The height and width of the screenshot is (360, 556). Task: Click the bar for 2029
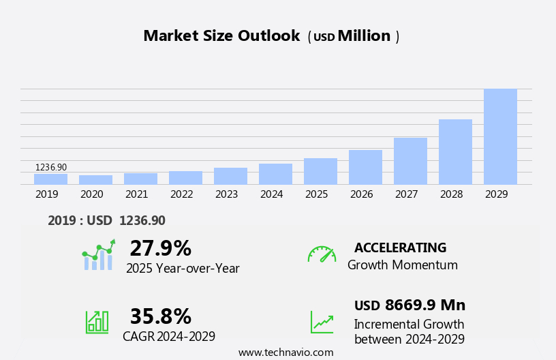pyautogui.click(x=500, y=136)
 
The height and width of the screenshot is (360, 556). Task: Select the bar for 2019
pyautogui.click(x=50, y=179)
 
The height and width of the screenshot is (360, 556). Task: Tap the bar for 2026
pyautogui.click(x=365, y=167)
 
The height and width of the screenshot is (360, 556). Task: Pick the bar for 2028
pyautogui.click(x=455, y=151)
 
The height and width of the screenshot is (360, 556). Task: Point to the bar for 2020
pyautogui.click(x=95, y=179)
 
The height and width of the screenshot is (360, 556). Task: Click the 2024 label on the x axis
pyautogui.click(x=271, y=194)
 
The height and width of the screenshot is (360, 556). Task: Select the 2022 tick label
pyautogui.click(x=181, y=194)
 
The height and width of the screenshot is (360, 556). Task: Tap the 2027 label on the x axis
pyautogui.click(x=406, y=194)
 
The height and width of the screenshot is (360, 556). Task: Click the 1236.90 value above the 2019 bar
pyautogui.click(x=51, y=167)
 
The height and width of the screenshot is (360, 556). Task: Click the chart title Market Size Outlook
pyautogui.click(x=221, y=36)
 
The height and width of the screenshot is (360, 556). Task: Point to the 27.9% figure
pyautogui.click(x=160, y=248)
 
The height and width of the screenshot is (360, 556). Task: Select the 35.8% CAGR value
pyautogui.click(x=160, y=316)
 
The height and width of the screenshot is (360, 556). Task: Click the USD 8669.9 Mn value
pyautogui.click(x=410, y=305)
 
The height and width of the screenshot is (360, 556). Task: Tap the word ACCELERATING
pyautogui.click(x=400, y=247)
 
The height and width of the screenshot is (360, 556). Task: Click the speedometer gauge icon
pyautogui.click(x=322, y=254)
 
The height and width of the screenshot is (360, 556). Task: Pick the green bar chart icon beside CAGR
pyautogui.click(x=97, y=321)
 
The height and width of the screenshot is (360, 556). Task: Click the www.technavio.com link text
pyautogui.click(x=285, y=352)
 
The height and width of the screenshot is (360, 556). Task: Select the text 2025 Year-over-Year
pyautogui.click(x=183, y=269)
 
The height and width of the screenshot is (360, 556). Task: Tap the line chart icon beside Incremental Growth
pyautogui.click(x=322, y=322)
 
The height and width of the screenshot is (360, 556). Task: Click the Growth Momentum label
pyautogui.click(x=402, y=265)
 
